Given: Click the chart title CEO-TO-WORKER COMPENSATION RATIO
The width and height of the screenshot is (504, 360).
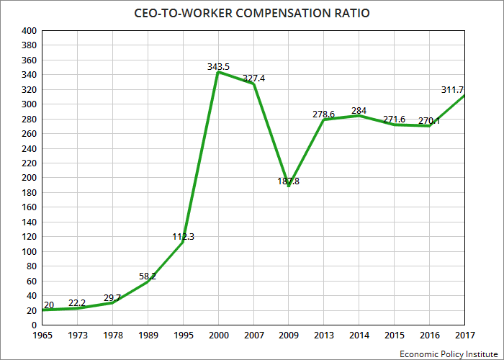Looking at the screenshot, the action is (x=252, y=13).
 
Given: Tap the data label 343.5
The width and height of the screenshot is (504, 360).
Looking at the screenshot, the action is (x=218, y=67).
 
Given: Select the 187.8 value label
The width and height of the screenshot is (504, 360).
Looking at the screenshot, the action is (x=288, y=181).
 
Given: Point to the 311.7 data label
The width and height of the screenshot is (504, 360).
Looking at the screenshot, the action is (x=452, y=90).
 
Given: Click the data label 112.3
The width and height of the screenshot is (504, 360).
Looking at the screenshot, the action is (x=183, y=237).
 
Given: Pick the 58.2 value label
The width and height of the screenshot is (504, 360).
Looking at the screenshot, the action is (x=148, y=276).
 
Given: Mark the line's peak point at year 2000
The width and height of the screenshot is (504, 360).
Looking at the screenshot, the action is (x=218, y=72).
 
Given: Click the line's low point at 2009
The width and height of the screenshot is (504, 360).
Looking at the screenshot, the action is (x=289, y=186).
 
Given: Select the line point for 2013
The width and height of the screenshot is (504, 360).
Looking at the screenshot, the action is (x=324, y=120).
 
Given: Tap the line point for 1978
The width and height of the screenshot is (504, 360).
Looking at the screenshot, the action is (x=112, y=302).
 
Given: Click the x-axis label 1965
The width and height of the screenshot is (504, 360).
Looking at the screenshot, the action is (x=42, y=336).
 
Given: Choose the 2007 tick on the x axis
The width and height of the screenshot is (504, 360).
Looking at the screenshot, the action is (x=254, y=336).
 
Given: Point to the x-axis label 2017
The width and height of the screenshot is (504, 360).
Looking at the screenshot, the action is (x=465, y=336).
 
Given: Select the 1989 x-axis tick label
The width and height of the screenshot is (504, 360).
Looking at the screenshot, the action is (x=148, y=336).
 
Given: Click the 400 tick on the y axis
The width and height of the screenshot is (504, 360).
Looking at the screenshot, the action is (x=29, y=31).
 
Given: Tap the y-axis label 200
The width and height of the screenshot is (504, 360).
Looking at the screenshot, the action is (x=29, y=178).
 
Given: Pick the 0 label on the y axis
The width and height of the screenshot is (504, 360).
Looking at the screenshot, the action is (x=34, y=325).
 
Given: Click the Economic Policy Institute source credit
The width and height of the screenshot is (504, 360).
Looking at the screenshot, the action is (x=449, y=354).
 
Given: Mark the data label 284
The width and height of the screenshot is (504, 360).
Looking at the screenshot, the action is (x=359, y=111).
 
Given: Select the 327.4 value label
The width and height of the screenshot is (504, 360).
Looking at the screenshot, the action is (x=253, y=78).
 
